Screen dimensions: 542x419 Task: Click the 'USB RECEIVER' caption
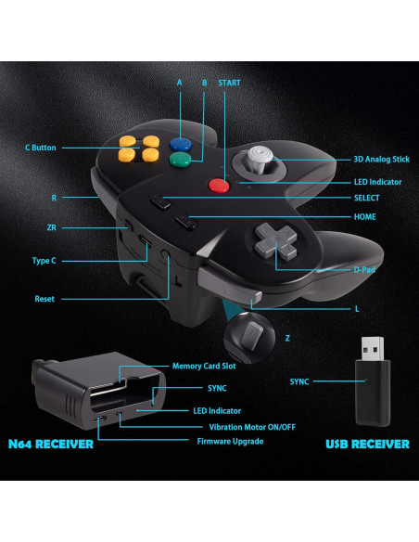(366, 445)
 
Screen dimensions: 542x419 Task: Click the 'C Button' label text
(41, 148)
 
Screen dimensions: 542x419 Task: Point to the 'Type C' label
(44, 261)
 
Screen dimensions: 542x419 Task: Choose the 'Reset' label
(45, 299)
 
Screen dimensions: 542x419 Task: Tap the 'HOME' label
(366, 217)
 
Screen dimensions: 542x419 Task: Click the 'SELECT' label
(367, 198)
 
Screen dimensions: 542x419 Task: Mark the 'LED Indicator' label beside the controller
(379, 182)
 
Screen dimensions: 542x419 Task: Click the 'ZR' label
(52, 226)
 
